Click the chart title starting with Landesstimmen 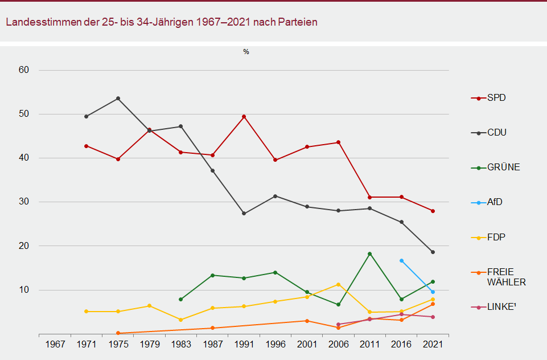[x=162, y=22]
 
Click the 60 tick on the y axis [x=24, y=70]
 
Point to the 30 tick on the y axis [x=24, y=202]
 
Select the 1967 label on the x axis [x=55, y=345]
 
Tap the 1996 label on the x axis [x=275, y=345]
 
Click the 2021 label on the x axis [x=433, y=345]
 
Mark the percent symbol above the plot [x=246, y=52]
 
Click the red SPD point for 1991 [x=244, y=117]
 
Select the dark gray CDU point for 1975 [x=118, y=99]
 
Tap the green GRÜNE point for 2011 [x=370, y=253]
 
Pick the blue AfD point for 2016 [x=401, y=260]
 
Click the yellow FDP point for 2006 [x=338, y=284]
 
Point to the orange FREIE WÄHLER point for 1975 [x=118, y=333]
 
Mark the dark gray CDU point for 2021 [x=433, y=252]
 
